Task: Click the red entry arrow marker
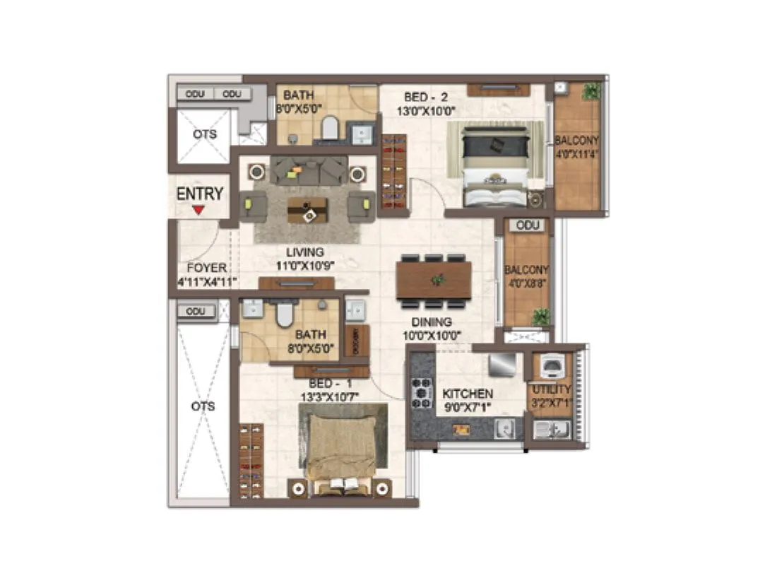(x=199, y=210)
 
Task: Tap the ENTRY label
(x=200, y=194)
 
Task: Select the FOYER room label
(x=207, y=268)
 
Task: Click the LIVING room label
(x=304, y=252)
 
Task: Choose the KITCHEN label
(x=468, y=393)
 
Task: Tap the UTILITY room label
(x=552, y=389)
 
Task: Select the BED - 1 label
(x=318, y=382)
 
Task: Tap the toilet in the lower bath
(x=285, y=314)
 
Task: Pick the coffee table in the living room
(x=307, y=209)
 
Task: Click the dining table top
(x=434, y=280)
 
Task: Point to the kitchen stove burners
(x=422, y=393)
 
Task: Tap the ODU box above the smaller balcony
(x=528, y=225)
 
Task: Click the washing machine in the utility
(x=551, y=366)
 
